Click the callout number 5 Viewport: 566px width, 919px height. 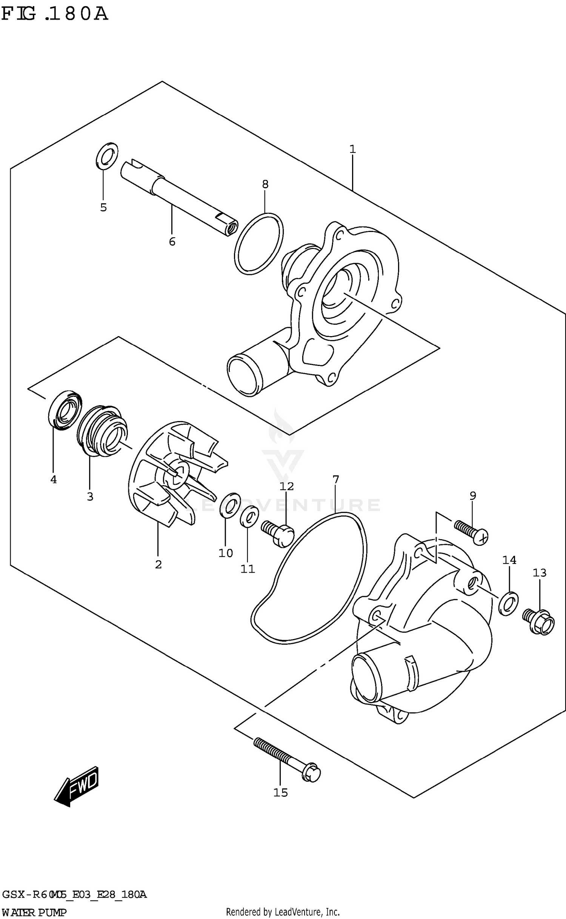pos(103,207)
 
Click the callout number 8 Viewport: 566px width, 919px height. pos(265,184)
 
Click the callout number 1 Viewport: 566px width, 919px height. pos(352,149)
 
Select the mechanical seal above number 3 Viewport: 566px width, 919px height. pos(102,430)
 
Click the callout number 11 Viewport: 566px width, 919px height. pos(248,569)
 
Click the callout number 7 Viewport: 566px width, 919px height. pos(335,479)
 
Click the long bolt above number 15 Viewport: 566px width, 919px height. pos(287,759)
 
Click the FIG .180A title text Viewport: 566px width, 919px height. pos(55,14)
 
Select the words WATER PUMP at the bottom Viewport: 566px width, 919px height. pos(34,913)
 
